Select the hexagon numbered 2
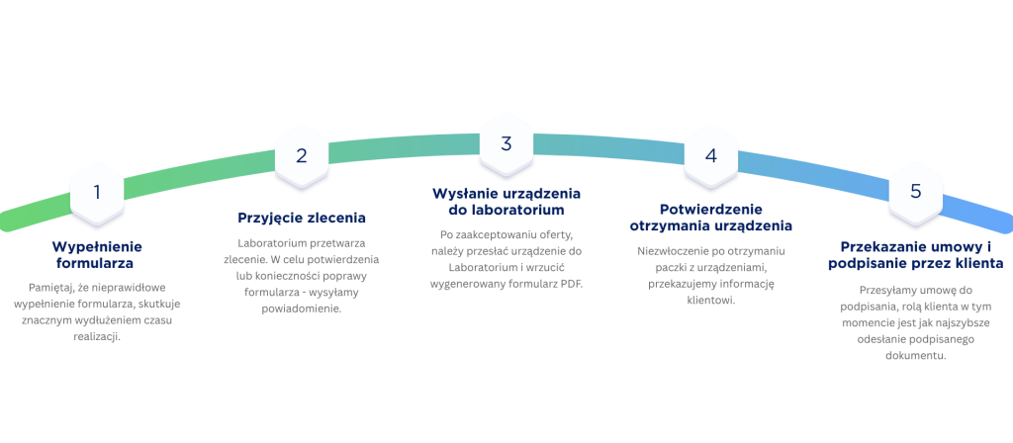click(x=302, y=155)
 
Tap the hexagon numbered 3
click(x=506, y=143)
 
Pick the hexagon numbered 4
click(x=710, y=155)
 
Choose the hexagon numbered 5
click(x=915, y=191)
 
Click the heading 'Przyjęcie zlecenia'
click(x=302, y=217)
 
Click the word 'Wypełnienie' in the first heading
click(x=97, y=247)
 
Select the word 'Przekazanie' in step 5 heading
click(x=882, y=245)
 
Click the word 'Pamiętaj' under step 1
click(x=50, y=286)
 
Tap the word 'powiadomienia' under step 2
click(x=302, y=309)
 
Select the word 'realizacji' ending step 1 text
click(x=97, y=336)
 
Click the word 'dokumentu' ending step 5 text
click(x=915, y=356)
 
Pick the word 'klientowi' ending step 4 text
click(x=710, y=300)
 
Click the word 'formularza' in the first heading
click(x=95, y=264)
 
